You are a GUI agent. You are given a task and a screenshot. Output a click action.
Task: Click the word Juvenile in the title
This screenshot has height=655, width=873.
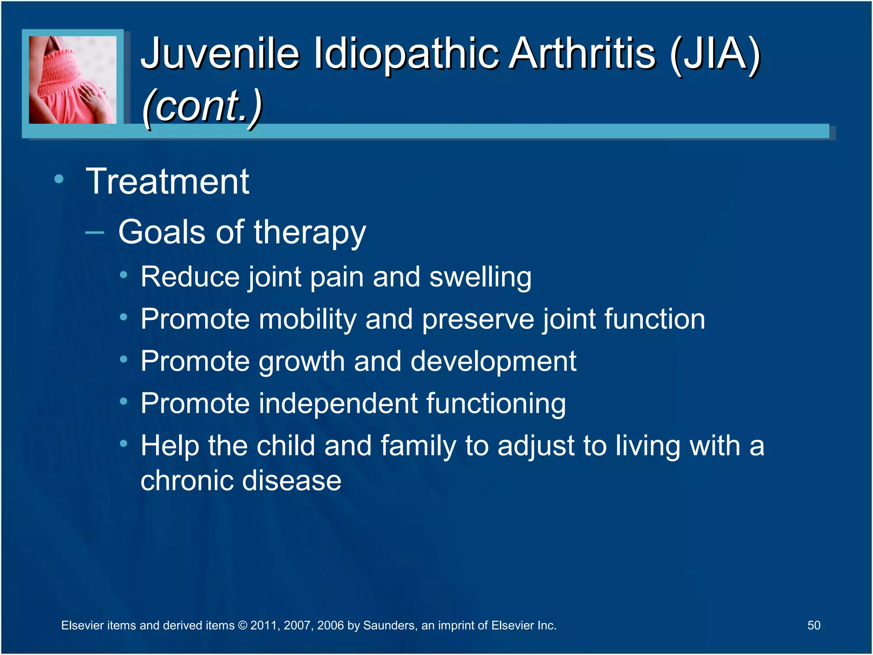pyautogui.click(x=220, y=54)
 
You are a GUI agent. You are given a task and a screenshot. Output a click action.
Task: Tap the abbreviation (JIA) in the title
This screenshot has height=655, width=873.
pyautogui.click(x=715, y=54)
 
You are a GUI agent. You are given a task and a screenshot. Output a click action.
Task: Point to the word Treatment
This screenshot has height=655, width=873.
pyautogui.click(x=168, y=182)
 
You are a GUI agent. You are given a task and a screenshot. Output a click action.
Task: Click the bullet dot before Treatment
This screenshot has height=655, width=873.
pyautogui.click(x=59, y=179)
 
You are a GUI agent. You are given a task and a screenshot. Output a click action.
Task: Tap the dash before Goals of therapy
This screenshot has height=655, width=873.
pyautogui.click(x=95, y=233)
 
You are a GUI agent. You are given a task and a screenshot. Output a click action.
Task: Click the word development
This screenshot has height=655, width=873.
pyautogui.click(x=493, y=362)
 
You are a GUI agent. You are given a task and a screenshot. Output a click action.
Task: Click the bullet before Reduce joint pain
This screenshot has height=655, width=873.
pyautogui.click(x=124, y=275)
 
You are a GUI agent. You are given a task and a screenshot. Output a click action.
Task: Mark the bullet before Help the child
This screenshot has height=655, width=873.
pyautogui.click(x=124, y=444)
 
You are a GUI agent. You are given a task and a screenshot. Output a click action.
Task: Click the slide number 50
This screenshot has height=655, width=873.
pyautogui.click(x=814, y=626)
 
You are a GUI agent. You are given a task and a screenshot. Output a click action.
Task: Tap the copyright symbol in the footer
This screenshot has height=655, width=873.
pyautogui.click(x=243, y=626)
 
